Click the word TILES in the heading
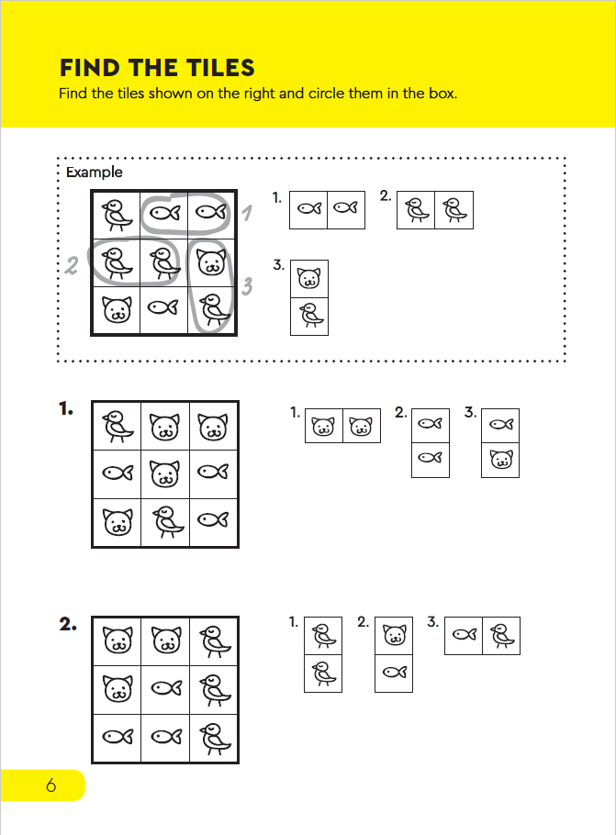[218, 68]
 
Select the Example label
[94, 172]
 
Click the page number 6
[50, 785]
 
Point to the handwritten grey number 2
[72, 265]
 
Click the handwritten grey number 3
[247, 287]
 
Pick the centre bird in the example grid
[164, 262]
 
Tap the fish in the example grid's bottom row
[164, 309]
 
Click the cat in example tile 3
[309, 277]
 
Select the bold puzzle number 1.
[66, 409]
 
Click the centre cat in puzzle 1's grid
[164, 473]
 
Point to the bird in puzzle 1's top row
[117, 426]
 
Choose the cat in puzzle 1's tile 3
[500, 459]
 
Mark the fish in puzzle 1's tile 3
[500, 425]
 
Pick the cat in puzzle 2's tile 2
[394, 634]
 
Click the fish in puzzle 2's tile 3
[464, 634]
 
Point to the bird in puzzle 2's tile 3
[501, 634]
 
